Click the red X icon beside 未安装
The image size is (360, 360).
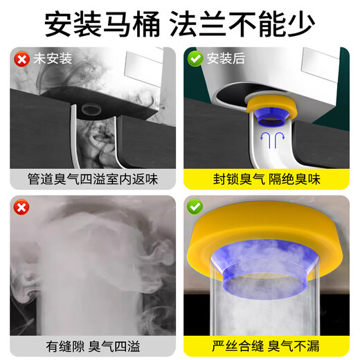pos(22,59)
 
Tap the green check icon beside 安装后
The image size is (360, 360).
pos(195,59)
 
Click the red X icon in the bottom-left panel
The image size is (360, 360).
pos(21,206)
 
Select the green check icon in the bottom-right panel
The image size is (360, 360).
pos(195,206)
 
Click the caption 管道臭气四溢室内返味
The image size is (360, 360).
pos(93,178)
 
